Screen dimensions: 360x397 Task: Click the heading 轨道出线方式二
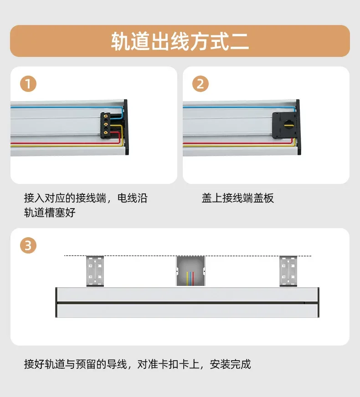coord(180,41)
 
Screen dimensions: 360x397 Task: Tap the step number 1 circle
coord(28,84)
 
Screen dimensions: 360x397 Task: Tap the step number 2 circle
coord(200,84)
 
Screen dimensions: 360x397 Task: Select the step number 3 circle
coord(28,245)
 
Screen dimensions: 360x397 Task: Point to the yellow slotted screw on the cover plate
coord(288,124)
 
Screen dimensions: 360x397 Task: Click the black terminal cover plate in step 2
coord(284,125)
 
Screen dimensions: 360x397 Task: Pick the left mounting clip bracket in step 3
coord(95,271)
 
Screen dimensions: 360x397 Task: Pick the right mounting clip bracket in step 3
coord(288,271)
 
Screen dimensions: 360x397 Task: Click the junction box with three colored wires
coord(190,271)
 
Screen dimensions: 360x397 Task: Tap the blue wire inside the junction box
coord(190,279)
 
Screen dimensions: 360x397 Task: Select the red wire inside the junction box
coord(193,279)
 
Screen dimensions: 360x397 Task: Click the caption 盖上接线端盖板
coord(237,198)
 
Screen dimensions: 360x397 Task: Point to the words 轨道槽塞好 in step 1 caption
coord(50,213)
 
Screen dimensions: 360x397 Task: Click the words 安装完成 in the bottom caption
coord(230,364)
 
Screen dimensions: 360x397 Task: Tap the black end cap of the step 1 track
coord(126,127)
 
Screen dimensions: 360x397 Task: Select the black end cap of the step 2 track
coord(298,127)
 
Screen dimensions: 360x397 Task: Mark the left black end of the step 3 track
coord(57,302)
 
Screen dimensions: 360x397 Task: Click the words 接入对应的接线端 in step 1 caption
coord(65,198)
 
